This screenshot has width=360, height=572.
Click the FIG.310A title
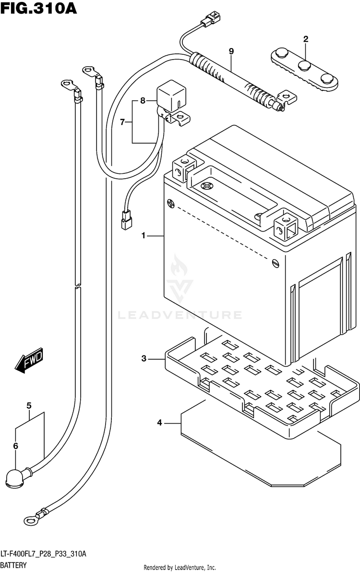click(x=38, y=8)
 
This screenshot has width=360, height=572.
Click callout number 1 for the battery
click(x=144, y=236)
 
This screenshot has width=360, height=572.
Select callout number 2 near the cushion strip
click(x=306, y=39)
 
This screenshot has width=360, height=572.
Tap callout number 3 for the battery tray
click(x=144, y=359)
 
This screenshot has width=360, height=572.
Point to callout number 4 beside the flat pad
click(x=159, y=423)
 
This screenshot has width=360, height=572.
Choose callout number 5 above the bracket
click(x=29, y=406)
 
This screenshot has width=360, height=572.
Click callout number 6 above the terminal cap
click(x=15, y=446)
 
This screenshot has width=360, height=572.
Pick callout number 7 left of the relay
click(x=122, y=122)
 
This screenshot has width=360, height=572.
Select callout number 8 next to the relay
click(x=143, y=100)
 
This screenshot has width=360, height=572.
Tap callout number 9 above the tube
click(x=231, y=51)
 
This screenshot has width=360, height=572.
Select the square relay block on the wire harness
click(x=171, y=96)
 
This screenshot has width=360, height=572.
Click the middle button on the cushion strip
click(x=304, y=66)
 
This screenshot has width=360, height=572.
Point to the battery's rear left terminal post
click(x=183, y=167)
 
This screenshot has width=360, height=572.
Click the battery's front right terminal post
click(x=286, y=227)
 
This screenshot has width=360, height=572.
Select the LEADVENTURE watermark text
click(x=180, y=315)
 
